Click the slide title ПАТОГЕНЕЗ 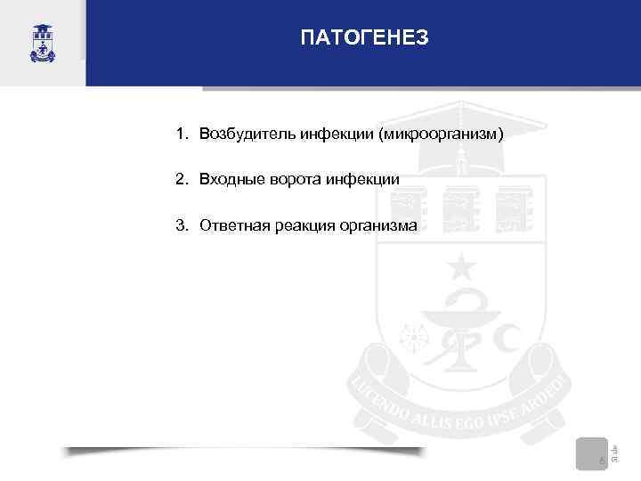coord(364,37)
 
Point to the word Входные coord(227,180)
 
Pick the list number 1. coord(180,134)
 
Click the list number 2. coord(180,180)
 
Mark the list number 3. coord(180,226)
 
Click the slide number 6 coord(602,461)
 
